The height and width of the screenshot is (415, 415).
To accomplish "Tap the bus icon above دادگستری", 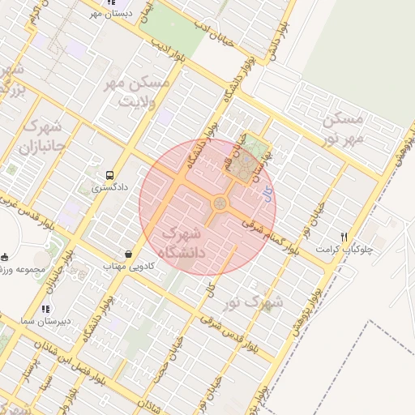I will click(x=109, y=174).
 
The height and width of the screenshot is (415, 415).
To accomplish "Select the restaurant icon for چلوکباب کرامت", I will click(x=344, y=237).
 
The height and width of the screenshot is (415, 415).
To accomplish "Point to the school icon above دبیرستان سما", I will click(x=45, y=308).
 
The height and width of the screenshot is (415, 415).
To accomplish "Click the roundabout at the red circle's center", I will click(x=219, y=203).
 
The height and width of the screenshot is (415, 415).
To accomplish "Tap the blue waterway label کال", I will click(x=268, y=193).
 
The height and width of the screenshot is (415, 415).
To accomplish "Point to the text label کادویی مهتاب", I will click(x=124, y=266).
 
